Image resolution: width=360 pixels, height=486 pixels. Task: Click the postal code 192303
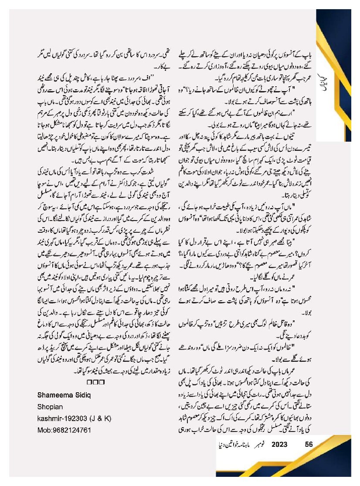click(x=77, y=418)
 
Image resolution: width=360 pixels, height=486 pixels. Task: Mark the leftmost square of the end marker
click(x=89, y=382)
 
